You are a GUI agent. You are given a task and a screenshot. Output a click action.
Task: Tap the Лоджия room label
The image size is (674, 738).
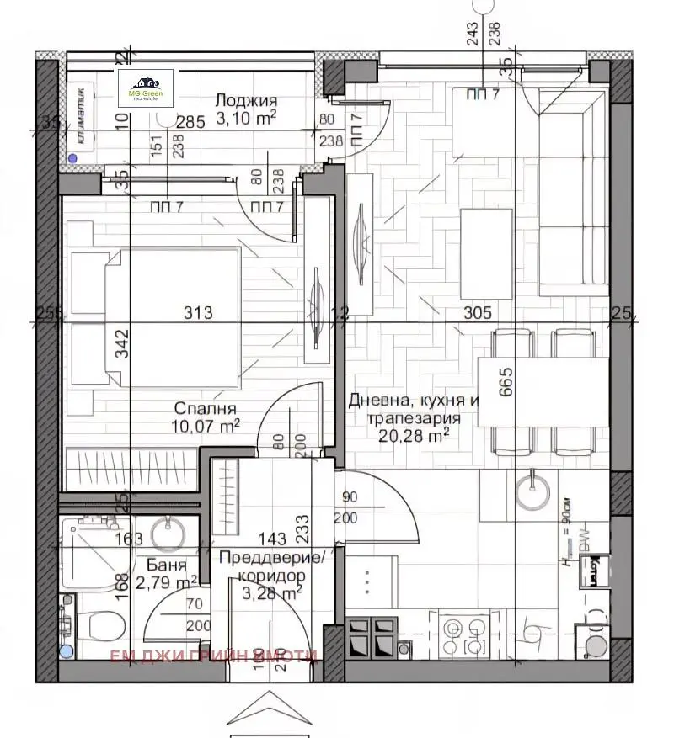tap(245, 101)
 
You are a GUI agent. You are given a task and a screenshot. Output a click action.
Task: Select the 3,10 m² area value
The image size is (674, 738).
tap(246, 119)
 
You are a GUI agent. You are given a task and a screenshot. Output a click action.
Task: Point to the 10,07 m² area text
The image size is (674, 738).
tap(206, 426)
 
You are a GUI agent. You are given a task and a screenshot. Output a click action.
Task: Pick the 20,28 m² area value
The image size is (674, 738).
tap(415, 434)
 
